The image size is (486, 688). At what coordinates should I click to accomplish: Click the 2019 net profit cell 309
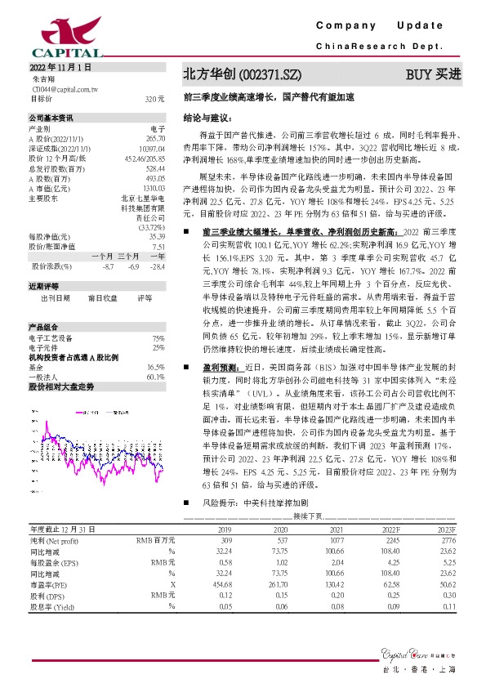point(226,540)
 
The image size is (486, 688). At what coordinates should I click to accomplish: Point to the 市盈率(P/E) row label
point(49,584)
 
